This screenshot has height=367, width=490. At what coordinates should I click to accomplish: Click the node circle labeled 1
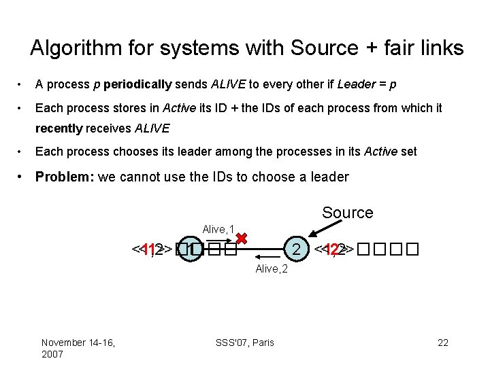194,249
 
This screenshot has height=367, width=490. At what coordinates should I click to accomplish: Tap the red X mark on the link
241,239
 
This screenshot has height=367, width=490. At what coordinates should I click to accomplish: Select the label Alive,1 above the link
218,229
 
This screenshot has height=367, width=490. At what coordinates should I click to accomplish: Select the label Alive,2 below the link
272,269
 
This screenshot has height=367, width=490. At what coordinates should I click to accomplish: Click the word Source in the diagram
347,213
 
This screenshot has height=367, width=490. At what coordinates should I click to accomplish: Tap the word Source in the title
323,48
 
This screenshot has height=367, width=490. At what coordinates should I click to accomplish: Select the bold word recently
59,128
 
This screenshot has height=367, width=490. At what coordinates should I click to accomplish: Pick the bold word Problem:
65,177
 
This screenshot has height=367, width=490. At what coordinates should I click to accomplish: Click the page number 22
443,343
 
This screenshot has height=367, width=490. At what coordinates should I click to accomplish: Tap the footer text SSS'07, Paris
246,343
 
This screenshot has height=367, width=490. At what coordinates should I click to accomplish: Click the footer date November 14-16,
78,343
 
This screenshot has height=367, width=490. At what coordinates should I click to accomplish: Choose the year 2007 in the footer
53,354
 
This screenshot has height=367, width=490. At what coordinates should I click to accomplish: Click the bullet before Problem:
22,177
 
